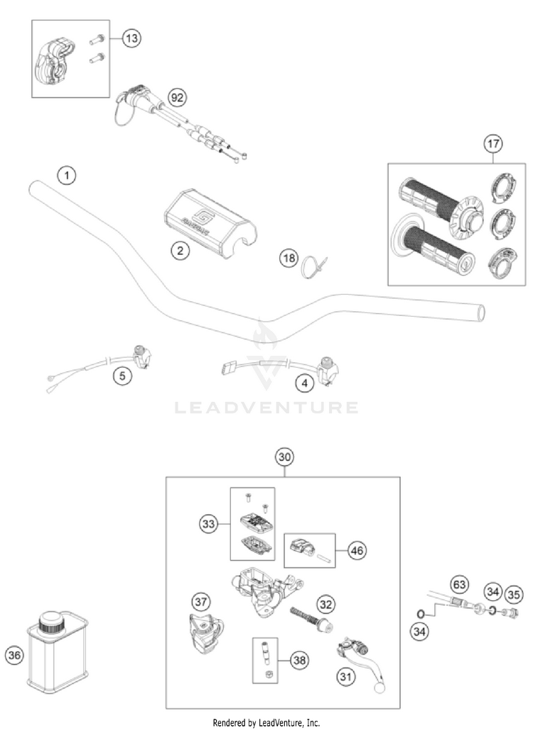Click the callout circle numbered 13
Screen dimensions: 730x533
[131, 39]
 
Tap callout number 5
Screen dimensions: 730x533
[124, 376]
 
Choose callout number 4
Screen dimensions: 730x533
[305, 383]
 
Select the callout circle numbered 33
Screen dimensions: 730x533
[209, 524]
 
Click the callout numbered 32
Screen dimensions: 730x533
[325, 604]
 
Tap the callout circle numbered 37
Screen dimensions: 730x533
[201, 601]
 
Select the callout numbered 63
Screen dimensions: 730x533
[460, 585]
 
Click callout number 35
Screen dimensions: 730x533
[513, 592]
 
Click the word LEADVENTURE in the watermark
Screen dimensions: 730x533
[266, 408]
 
